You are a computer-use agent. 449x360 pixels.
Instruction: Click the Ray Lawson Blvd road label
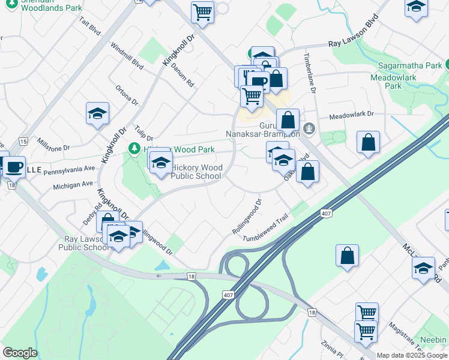point(355,40)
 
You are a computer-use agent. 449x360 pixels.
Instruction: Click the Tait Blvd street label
point(89,28)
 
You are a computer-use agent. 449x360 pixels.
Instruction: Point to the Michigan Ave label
point(73,184)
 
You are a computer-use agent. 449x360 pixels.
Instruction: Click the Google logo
point(20,353)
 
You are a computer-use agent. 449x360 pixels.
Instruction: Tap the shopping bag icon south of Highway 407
point(348,256)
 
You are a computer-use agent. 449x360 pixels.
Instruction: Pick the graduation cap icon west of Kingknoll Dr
point(97,114)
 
